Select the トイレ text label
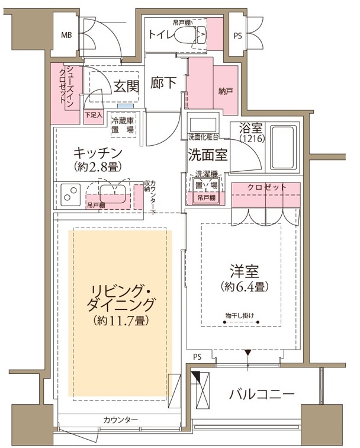point(161,34)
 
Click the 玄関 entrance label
point(126,87)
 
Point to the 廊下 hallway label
point(163,83)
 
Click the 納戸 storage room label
point(225,91)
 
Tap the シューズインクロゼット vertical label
point(66,87)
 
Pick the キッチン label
point(98,152)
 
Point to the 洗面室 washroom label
point(208,156)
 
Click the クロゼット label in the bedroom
point(266,187)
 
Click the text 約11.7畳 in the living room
point(121,321)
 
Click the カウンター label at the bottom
point(120,420)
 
